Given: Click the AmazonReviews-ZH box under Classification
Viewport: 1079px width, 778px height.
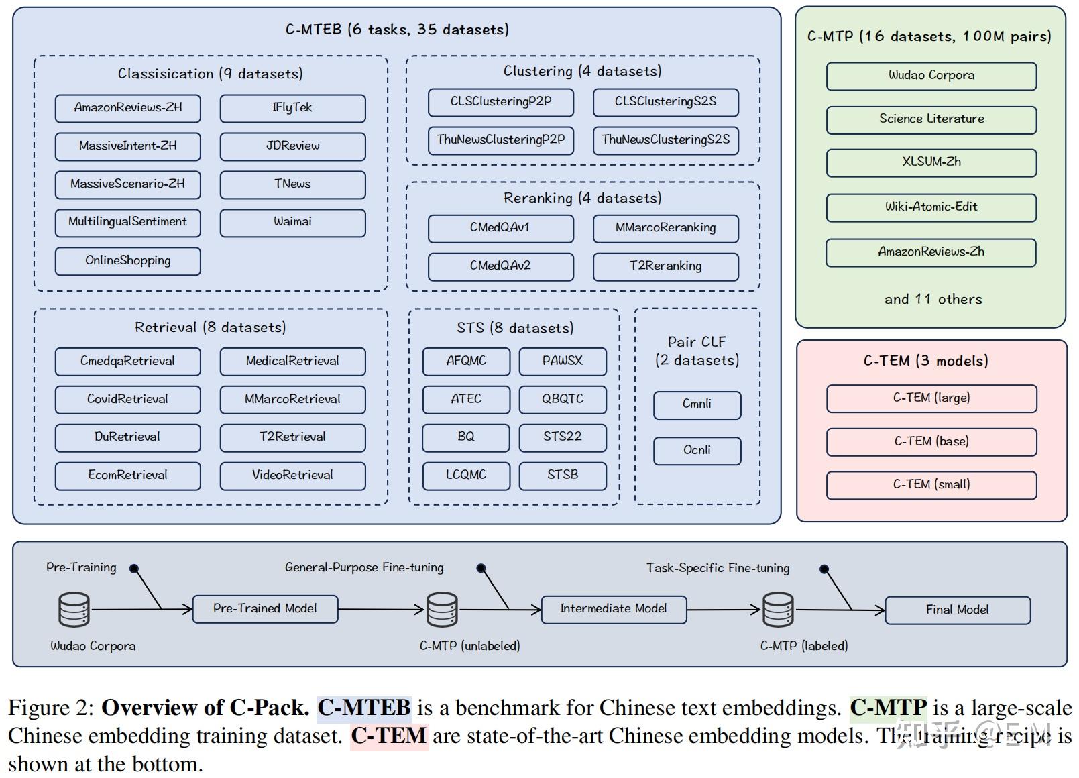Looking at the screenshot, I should click(127, 108).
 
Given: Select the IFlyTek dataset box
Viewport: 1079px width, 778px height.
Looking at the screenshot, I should click(292, 108).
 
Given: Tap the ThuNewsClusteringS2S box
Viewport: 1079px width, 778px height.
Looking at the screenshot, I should click(665, 140).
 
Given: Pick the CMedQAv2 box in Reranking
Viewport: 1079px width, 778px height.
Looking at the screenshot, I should click(500, 266).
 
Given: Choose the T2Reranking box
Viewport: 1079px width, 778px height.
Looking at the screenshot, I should click(665, 266).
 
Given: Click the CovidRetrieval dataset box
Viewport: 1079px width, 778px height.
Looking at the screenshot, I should click(127, 399).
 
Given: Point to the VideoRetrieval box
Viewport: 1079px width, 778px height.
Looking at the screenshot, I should click(292, 476).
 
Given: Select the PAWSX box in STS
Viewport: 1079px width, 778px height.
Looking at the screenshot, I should click(562, 361).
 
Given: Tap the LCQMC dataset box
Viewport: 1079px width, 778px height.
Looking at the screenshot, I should click(465, 476).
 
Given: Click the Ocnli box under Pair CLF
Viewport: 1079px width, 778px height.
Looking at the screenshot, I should click(697, 451).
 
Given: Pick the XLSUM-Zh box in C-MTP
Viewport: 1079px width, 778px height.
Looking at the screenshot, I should click(931, 162).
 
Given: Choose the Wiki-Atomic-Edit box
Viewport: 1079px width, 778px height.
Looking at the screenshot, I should click(931, 207).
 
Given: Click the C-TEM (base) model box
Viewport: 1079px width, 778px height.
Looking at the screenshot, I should click(931, 442).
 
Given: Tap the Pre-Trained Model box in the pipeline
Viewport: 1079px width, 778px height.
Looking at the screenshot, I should click(265, 609).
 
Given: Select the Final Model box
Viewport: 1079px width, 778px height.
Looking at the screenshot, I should click(957, 610).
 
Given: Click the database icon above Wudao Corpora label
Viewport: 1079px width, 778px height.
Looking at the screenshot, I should click(74, 609).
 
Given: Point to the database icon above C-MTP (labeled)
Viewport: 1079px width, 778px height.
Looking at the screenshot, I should click(778, 609).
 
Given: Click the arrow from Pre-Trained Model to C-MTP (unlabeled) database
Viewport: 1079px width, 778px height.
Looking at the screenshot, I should click(382, 610).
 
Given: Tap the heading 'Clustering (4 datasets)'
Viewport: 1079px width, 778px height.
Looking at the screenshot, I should click(582, 71).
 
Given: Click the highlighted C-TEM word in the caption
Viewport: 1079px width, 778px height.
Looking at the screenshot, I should click(389, 736).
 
